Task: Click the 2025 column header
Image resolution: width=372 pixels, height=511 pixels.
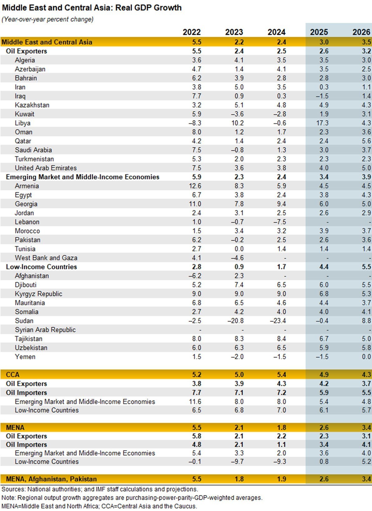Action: [319, 32]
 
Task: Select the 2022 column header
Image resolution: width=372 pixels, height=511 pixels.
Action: [192, 32]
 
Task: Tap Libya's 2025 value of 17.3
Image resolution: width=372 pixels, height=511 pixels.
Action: [322, 123]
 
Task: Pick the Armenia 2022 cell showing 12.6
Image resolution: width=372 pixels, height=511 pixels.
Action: [195, 186]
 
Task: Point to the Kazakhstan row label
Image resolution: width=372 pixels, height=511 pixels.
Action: [32, 105]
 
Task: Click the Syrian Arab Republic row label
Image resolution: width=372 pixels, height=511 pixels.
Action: [45, 330]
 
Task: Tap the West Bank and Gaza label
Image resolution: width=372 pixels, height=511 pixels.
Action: [46, 258]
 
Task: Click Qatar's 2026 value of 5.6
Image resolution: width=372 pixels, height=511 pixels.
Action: [366, 141]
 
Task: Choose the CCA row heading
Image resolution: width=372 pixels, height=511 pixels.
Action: [13, 375]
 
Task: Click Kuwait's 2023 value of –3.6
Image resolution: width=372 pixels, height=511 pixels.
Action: [237, 114]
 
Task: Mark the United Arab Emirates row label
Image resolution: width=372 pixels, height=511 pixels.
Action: [46, 168]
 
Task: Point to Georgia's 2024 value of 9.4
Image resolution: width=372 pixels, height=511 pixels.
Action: [281, 204]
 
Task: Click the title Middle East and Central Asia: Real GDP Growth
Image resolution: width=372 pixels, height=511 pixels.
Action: [92, 8]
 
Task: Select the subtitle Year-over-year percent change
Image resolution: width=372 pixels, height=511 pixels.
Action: [47, 19]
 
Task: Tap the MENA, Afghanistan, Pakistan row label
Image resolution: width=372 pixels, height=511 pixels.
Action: [51, 479]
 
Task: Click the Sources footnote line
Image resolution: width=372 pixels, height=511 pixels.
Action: [100, 489]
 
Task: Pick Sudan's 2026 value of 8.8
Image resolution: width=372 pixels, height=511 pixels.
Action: [366, 321]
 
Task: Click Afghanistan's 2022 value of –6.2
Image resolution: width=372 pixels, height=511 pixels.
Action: [195, 276]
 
